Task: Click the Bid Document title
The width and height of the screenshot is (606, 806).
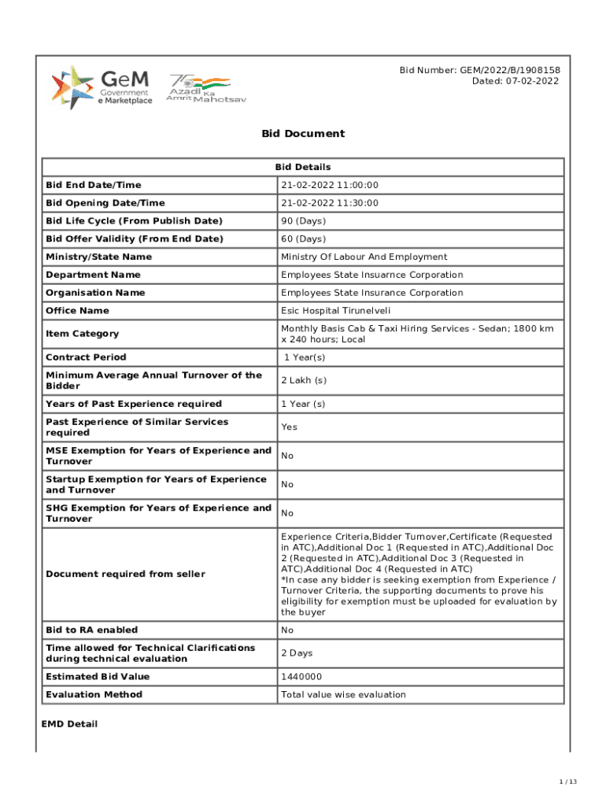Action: pyautogui.click(x=303, y=133)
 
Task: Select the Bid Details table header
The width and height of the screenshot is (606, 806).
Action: pyautogui.click(x=303, y=167)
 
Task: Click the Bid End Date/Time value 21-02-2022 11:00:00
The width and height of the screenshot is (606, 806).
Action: pyautogui.click(x=330, y=185)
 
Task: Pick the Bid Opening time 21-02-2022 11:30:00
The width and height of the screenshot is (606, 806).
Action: pyautogui.click(x=330, y=203)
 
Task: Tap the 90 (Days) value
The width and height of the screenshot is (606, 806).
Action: pyautogui.click(x=303, y=221)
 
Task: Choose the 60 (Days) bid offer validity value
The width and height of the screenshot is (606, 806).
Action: pyautogui.click(x=303, y=238)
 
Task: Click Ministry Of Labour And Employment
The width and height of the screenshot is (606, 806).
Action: pyautogui.click(x=364, y=257)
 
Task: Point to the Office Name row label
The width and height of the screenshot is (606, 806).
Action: pyautogui.click(x=77, y=311)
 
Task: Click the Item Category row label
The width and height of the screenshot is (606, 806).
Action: pyautogui.click(x=83, y=334)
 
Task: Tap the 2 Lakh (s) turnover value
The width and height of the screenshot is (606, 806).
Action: pyautogui.click(x=305, y=381)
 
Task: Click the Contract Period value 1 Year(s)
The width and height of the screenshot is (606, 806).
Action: pyautogui.click(x=305, y=357)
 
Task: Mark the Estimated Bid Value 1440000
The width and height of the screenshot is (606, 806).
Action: pyautogui.click(x=301, y=677)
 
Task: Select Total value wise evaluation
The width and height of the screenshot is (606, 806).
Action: pyautogui.click(x=343, y=694)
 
